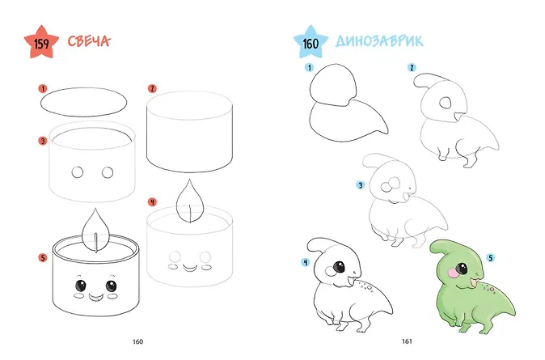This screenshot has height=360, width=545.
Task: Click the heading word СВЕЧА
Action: click(x=89, y=41)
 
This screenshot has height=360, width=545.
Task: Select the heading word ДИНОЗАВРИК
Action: click(x=379, y=40)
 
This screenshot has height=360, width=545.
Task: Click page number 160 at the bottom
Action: click(x=138, y=341)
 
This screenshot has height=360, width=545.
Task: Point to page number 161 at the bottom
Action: click(x=407, y=341)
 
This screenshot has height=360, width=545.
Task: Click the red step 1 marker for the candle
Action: click(x=43, y=89)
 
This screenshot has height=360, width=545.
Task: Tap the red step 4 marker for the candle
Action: click(x=152, y=201)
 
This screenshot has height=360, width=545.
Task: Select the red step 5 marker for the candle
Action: click(x=43, y=258)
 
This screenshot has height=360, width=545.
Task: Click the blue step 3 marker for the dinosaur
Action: click(x=361, y=185)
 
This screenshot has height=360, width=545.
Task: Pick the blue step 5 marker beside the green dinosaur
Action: click(x=491, y=258)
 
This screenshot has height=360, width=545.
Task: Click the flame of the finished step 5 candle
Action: click(x=95, y=230)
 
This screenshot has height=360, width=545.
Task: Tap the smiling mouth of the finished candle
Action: click(x=96, y=298)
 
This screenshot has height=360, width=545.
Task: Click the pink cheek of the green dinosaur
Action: click(x=453, y=273)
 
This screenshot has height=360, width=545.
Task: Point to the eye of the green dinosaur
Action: click(x=462, y=269)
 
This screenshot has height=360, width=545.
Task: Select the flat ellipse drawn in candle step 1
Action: click(x=84, y=88)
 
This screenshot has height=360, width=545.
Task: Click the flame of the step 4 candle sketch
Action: click(x=190, y=201)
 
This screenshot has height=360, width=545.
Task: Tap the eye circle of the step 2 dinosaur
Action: click(x=446, y=103)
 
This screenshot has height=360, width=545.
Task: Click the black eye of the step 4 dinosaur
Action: click(x=339, y=267)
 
